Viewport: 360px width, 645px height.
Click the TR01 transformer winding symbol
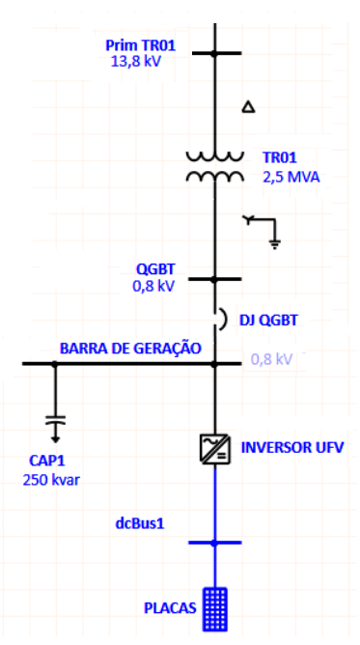coord(214,166)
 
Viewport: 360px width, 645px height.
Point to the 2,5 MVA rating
coord(291,178)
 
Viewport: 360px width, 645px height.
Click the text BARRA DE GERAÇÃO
coord(130,349)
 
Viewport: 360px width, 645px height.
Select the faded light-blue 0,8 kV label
coord(271,359)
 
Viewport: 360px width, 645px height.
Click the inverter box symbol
coord(214,448)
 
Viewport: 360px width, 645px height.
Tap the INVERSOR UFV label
coord(291,448)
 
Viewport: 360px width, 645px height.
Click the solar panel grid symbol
coord(214,605)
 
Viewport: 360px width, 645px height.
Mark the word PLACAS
coord(170,607)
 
